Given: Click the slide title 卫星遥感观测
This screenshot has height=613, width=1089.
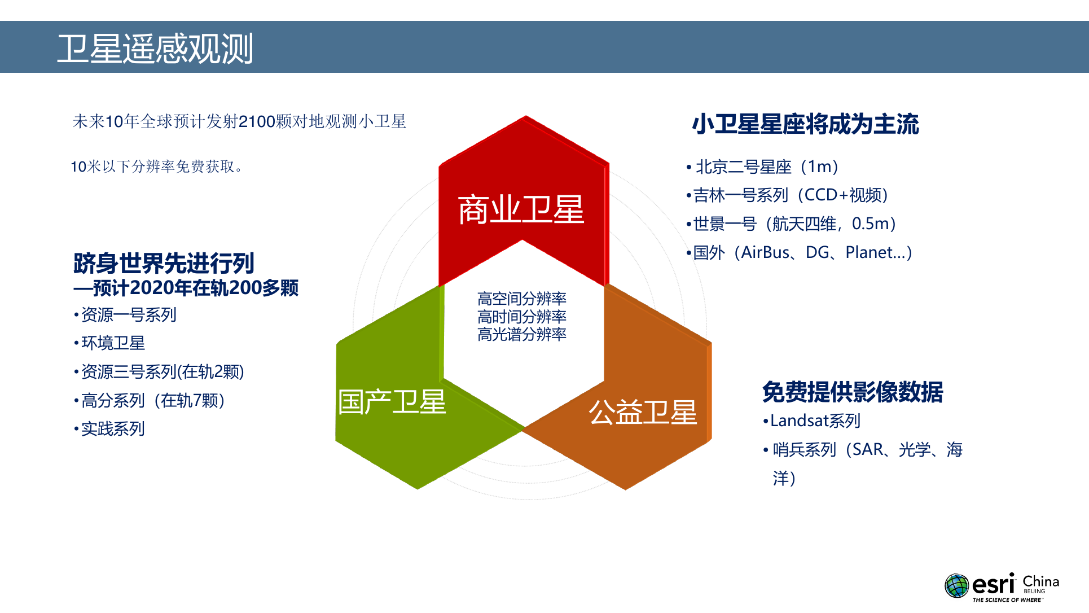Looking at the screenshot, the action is coord(155,49).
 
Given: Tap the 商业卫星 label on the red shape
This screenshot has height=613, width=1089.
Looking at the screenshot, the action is coord(521,209).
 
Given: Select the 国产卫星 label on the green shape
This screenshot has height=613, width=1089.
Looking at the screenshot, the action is coord(392,402).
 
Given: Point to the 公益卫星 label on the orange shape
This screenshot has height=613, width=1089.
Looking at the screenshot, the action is coord(643,412).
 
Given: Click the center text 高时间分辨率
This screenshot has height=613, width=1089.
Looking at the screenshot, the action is coord(522,317).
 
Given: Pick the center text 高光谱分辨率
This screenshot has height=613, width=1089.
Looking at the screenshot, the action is coord(522,335).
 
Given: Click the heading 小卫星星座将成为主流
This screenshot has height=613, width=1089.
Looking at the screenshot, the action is coord(806,124).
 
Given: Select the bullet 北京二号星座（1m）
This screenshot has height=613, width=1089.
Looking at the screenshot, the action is coord(762,167).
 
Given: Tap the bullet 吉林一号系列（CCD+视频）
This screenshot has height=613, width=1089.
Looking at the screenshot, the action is coord(788,195).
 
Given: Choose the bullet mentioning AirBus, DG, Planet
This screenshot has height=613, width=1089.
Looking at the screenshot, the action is coord(800,252).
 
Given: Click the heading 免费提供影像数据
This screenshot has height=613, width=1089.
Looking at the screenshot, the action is coord(853,392).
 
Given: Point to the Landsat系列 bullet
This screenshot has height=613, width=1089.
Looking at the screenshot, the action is coord(811,421).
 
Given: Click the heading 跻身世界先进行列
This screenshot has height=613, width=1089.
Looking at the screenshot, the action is coord(164,263).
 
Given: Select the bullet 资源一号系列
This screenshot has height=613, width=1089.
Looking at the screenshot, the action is coord(125,314).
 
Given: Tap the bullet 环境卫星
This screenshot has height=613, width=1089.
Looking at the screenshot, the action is coord(109,343).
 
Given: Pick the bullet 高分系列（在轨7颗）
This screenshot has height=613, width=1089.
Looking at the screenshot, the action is coord(150,400).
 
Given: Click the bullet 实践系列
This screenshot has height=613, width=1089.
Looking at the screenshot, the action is coord(109,429).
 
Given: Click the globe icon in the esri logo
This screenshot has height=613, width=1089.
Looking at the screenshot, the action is coord(957,585).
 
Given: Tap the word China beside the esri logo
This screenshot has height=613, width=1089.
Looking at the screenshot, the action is coord(1041,581).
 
